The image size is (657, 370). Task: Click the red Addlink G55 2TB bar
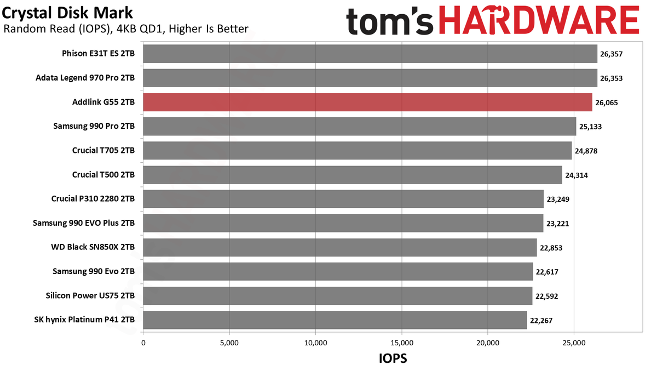point(367,102)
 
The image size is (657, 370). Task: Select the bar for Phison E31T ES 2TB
point(370,54)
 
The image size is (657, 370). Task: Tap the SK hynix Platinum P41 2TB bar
point(335,320)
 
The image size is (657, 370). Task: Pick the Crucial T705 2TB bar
point(358,151)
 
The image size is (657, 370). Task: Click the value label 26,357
point(611,54)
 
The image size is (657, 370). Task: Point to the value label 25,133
point(590,127)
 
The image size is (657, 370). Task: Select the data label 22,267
point(541,321)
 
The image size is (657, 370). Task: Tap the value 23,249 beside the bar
point(558,200)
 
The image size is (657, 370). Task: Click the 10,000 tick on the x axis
point(315,343)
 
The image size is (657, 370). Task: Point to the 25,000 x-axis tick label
point(574,343)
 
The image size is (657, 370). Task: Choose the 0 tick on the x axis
point(143,343)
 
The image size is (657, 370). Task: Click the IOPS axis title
point(393,358)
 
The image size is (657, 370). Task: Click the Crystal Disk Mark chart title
point(67,13)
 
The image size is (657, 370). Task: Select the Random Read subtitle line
point(126,29)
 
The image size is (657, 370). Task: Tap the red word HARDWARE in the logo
point(540,20)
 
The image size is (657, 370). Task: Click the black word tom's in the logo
point(389,21)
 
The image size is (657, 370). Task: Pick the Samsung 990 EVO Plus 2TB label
point(84,223)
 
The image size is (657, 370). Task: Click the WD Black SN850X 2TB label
point(93,247)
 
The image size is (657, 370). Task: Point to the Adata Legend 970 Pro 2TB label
point(85,78)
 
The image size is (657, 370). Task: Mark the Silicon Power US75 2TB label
point(90,295)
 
